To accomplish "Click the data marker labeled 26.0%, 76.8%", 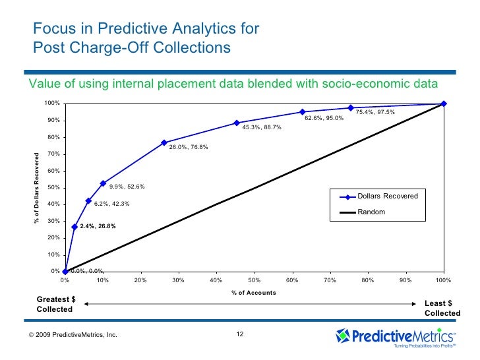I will [164, 142].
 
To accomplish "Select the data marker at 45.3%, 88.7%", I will [236, 123].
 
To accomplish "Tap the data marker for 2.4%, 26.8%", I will [75, 227].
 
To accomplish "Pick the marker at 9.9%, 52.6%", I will [103, 183].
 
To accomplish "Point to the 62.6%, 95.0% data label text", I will [324, 119].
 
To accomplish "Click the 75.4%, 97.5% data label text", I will [375, 112].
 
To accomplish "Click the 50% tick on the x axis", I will [254, 281].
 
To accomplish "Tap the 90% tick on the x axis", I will [405, 281].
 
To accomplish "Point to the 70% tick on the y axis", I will [53, 154].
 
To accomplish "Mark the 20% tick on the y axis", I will [53, 237].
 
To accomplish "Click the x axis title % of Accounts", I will [254, 293].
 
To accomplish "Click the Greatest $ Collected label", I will [55, 305].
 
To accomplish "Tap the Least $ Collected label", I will [438, 308].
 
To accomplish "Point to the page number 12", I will [240, 334].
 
